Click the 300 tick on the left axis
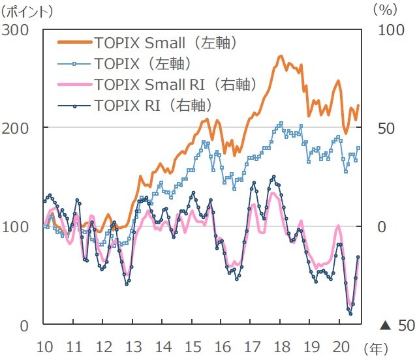pyautogui.click(x=18, y=30)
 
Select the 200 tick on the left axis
pyautogui.click(x=18, y=128)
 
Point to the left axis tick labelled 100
pyautogui.click(x=18, y=226)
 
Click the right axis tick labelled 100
pyautogui.click(x=392, y=30)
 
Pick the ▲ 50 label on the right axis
pyautogui.click(x=397, y=325)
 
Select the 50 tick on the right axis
pyautogui.click(x=388, y=128)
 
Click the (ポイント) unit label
pyautogui.click(x=28, y=10)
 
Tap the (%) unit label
pyautogui.click(x=385, y=10)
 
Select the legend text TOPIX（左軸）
pyautogui.click(x=142, y=63)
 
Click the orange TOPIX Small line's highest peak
pyautogui.click(x=281, y=56)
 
